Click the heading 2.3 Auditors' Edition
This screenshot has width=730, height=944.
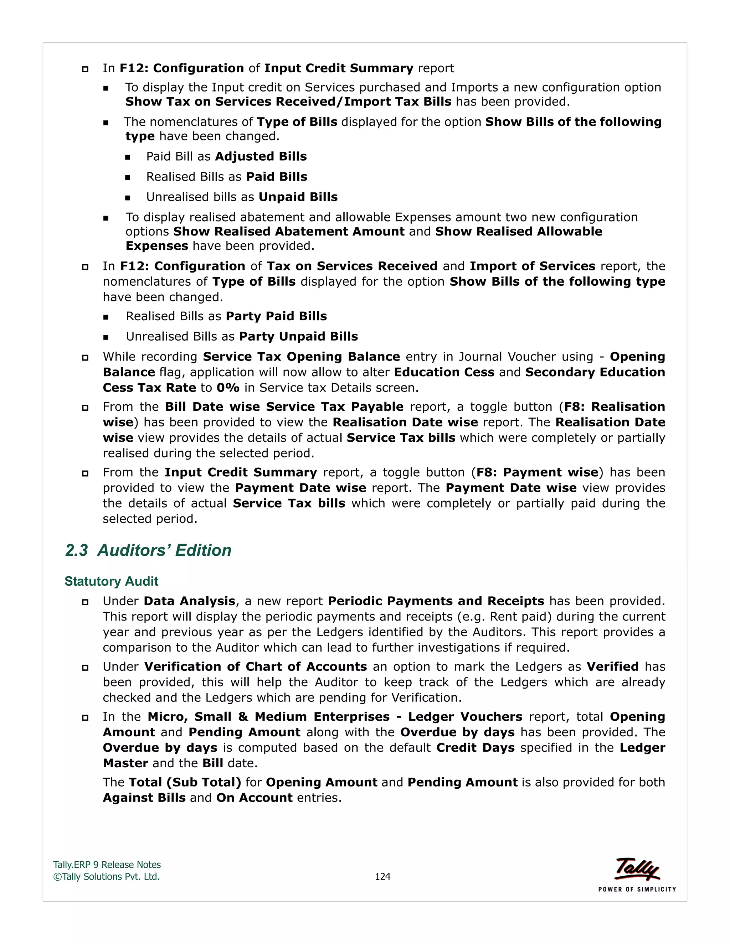click(148, 550)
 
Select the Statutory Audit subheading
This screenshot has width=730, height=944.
click(111, 581)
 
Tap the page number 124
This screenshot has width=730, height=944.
click(382, 876)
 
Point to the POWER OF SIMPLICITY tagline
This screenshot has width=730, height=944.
click(637, 889)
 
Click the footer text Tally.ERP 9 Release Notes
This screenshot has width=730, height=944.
click(107, 865)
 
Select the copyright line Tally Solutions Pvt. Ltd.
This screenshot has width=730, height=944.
click(107, 876)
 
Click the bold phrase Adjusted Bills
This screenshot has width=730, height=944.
click(261, 156)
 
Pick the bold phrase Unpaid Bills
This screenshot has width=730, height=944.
click(298, 197)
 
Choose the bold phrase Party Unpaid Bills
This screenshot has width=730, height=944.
click(298, 336)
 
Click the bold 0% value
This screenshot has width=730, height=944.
click(228, 388)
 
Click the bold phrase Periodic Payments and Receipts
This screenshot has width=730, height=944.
click(436, 601)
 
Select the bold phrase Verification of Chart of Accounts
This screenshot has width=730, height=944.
click(256, 666)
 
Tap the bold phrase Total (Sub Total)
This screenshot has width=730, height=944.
click(185, 782)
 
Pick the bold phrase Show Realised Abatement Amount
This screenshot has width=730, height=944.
click(289, 231)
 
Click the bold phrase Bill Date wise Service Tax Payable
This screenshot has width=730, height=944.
click(284, 407)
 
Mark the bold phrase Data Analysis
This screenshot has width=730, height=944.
click(189, 601)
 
